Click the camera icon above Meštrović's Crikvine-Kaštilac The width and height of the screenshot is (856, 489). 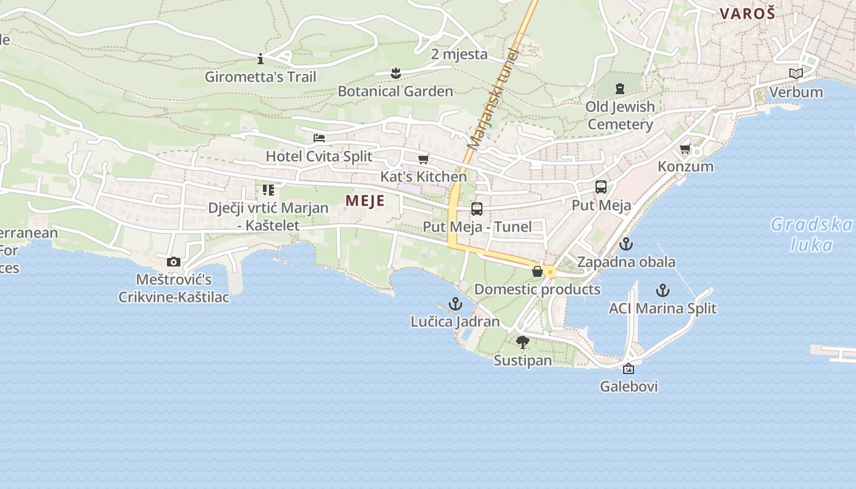(x=174, y=262)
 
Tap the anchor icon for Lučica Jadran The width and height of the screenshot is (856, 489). (x=456, y=304)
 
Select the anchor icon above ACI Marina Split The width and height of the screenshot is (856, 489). (x=663, y=290)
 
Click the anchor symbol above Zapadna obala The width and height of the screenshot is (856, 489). (x=626, y=244)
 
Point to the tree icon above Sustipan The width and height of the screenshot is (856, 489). (x=522, y=342)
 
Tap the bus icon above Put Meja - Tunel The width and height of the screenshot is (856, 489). (x=477, y=209)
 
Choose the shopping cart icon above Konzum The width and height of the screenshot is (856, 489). (x=685, y=149)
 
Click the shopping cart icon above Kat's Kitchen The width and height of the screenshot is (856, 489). (x=423, y=160)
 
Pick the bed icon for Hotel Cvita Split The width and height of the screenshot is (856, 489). (x=319, y=138)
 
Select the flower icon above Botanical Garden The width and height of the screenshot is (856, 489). (x=396, y=74)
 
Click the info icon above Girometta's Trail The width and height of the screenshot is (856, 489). (x=260, y=59)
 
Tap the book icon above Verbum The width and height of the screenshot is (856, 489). (x=795, y=74)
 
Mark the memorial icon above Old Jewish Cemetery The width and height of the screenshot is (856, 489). (x=620, y=89)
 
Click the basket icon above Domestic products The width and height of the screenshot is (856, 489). (x=537, y=271)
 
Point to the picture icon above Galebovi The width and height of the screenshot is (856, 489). (x=629, y=369)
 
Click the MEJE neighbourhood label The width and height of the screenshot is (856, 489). (x=365, y=200)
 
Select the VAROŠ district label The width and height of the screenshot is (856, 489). (x=747, y=13)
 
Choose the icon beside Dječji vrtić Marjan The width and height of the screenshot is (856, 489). (x=268, y=190)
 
